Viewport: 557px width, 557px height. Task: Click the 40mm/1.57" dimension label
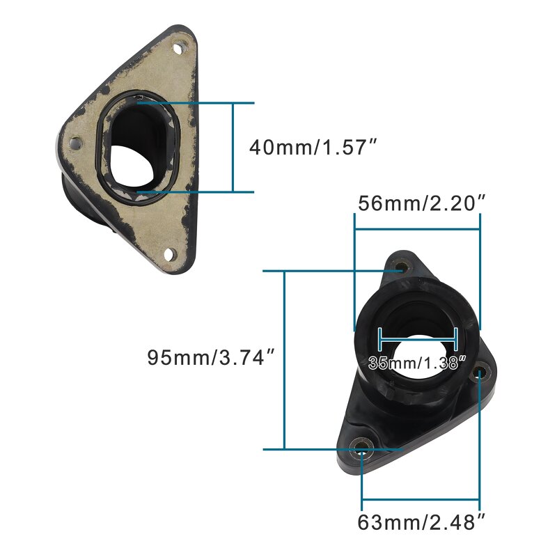click(x=313, y=148)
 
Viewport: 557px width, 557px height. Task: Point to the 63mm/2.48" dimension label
click(x=421, y=521)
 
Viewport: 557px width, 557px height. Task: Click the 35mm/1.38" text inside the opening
click(x=416, y=363)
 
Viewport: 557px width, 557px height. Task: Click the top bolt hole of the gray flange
click(x=180, y=48)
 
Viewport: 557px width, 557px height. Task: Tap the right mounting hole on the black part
click(x=479, y=375)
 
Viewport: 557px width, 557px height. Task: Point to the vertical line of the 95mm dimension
click(x=285, y=359)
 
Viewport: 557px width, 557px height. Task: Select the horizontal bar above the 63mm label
click(x=421, y=500)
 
